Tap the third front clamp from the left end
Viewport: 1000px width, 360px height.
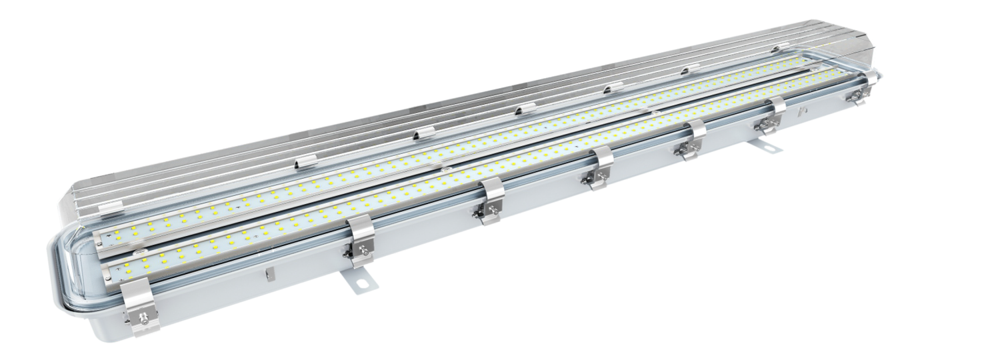(x=492, y=200)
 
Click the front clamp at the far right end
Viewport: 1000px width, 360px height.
(x=859, y=93)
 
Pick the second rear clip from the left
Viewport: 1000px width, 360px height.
(x=305, y=161)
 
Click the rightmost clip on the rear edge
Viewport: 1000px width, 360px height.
(x=777, y=49)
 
